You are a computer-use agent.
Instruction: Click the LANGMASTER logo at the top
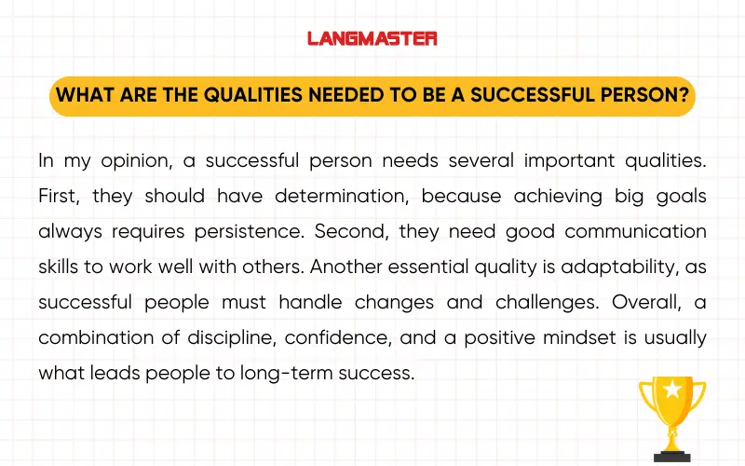pos(372,38)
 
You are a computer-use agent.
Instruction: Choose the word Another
pos(345,267)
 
